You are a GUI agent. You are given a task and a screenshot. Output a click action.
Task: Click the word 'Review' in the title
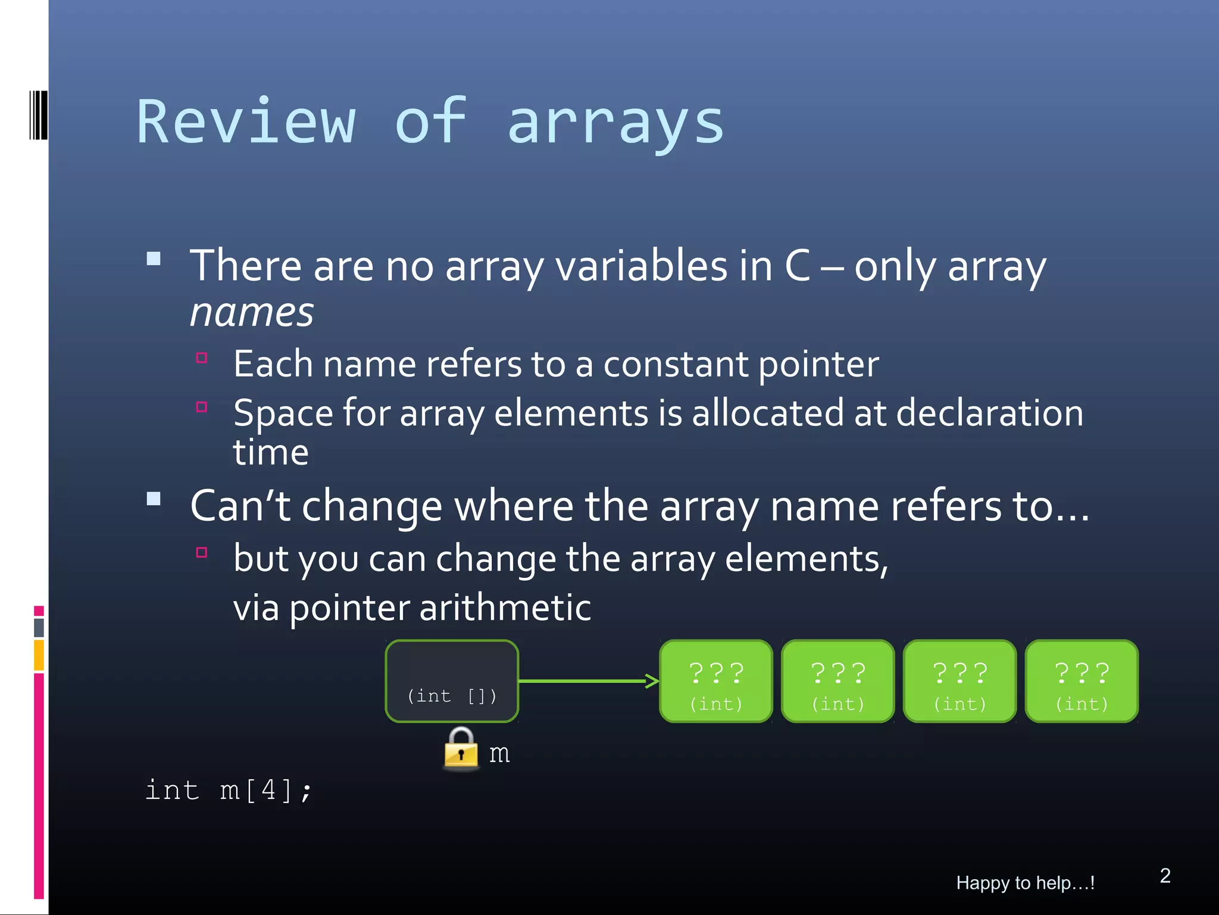(246, 122)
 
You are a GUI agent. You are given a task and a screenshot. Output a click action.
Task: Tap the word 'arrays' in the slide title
(615, 124)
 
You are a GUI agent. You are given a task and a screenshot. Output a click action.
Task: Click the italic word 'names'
(252, 312)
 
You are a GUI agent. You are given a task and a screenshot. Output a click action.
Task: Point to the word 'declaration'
(989, 413)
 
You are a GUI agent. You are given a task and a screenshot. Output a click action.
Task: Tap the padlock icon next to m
(461, 748)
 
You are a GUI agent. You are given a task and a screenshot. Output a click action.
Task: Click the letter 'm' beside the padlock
(499, 754)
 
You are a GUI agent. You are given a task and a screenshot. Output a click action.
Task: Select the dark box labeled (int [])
(452, 681)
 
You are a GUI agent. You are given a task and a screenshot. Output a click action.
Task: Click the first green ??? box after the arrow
(716, 681)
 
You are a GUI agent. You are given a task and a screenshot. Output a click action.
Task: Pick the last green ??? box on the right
(1082, 681)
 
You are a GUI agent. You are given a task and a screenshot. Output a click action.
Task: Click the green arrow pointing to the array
(589, 681)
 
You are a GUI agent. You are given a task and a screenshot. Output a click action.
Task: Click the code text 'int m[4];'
(229, 790)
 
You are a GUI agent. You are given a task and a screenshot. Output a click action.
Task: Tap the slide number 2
(1165, 875)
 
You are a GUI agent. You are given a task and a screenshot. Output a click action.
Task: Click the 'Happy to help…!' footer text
(1025, 882)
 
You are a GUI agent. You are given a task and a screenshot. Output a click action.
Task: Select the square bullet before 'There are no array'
(154, 259)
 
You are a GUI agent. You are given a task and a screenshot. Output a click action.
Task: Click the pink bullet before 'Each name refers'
(202, 358)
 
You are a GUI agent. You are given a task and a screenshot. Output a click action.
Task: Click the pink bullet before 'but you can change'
(202, 552)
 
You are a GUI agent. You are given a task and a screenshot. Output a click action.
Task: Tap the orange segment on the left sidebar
(39, 655)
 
